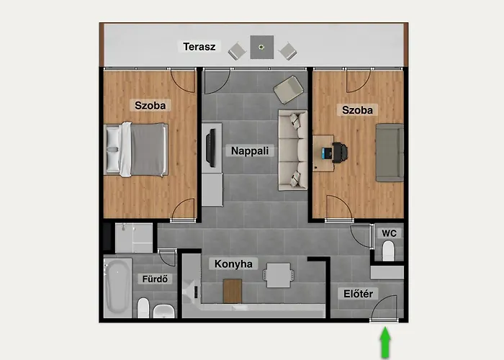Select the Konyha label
coord(233,264)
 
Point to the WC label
coord(389,233)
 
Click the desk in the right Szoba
coord(328,153)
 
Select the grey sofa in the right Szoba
coord(390,152)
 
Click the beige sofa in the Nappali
coord(293,150)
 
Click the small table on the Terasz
coord(261,48)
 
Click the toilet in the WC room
coord(389,251)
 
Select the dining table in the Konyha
coord(279,274)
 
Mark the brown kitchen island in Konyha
coord(232,290)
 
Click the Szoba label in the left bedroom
coord(150,105)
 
